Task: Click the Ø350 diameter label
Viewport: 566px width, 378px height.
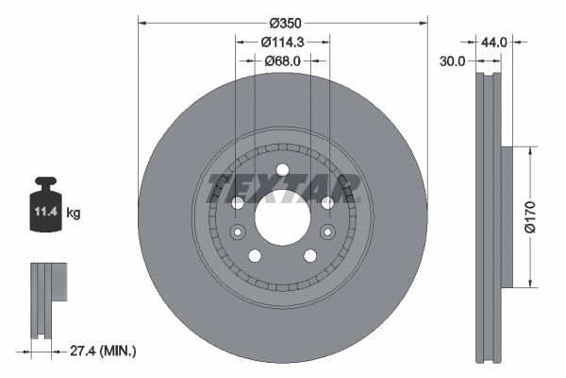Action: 285,23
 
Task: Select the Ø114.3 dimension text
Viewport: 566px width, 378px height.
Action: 283,43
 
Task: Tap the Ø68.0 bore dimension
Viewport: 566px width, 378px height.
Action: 282,61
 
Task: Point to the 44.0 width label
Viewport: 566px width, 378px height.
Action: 494,43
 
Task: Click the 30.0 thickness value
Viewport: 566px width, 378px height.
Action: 452,61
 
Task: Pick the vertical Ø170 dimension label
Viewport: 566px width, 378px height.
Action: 530,217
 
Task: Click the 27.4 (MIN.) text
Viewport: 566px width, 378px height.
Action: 103,351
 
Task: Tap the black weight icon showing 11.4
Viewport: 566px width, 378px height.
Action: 45,204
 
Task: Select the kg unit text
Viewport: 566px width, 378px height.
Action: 74,213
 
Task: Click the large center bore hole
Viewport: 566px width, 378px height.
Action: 283,218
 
